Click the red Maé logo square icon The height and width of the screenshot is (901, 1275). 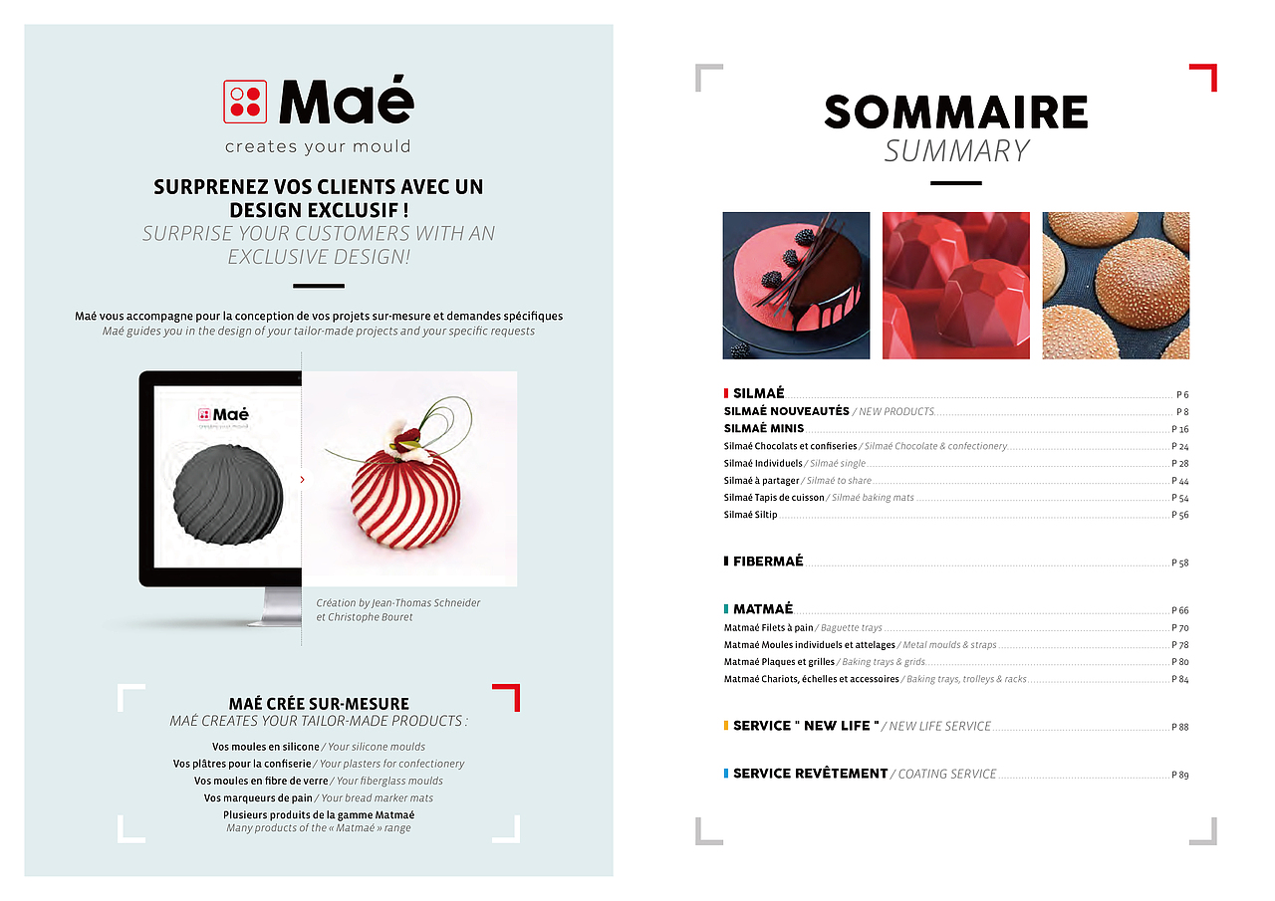point(246,102)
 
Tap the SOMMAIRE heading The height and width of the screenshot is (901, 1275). point(955,113)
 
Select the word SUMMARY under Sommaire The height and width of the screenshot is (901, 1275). point(956,151)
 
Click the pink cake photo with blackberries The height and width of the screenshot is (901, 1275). point(796,285)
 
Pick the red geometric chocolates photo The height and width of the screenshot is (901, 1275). point(955,285)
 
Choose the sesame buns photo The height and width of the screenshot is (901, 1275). point(1116,285)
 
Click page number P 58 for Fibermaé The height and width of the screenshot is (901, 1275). point(1179,563)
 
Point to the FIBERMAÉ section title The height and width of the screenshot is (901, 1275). point(767,562)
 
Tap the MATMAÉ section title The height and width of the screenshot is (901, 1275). point(762,609)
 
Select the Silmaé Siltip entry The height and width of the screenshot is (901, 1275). point(750,515)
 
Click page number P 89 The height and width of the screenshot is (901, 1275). point(1179,775)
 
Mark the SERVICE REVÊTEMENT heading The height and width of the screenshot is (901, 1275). point(810,774)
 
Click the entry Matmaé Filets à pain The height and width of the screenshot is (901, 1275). point(768,628)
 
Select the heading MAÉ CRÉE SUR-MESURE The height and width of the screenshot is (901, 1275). point(319,704)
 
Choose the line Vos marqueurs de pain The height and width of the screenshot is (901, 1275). point(259,798)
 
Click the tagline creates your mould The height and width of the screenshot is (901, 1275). point(318,147)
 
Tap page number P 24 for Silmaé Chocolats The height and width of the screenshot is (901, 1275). point(1179,447)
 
